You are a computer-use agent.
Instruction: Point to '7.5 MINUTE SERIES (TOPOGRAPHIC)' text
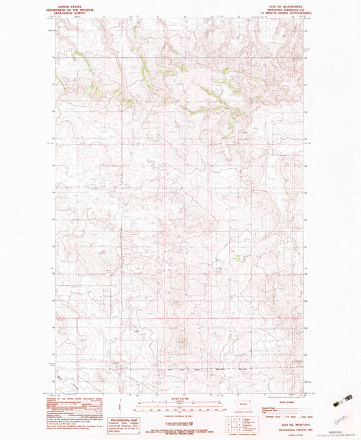click(x=285, y=14)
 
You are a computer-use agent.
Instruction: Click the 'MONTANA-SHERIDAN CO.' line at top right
click(x=285, y=9)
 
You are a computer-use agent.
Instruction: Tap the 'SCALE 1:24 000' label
click(x=180, y=397)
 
